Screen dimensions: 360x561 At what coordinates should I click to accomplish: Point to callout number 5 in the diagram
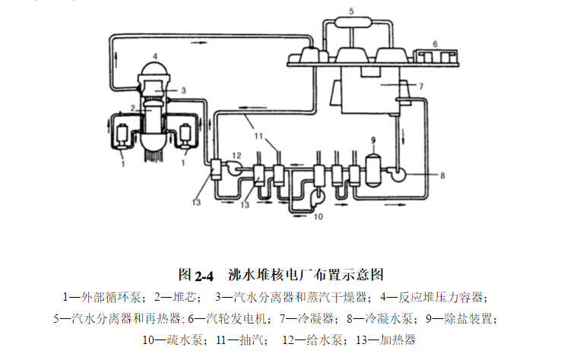pyautogui.click(x=351, y=11)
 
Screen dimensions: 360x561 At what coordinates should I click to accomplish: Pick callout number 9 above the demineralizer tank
pyautogui.click(x=373, y=140)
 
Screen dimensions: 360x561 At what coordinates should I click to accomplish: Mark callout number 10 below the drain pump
pyautogui.click(x=319, y=218)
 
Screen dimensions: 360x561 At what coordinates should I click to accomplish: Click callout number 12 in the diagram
pyautogui.click(x=236, y=155)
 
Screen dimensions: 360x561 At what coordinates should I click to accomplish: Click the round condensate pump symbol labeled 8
pyautogui.click(x=396, y=175)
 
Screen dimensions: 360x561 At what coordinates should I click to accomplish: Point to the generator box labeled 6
pyautogui.click(x=435, y=57)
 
